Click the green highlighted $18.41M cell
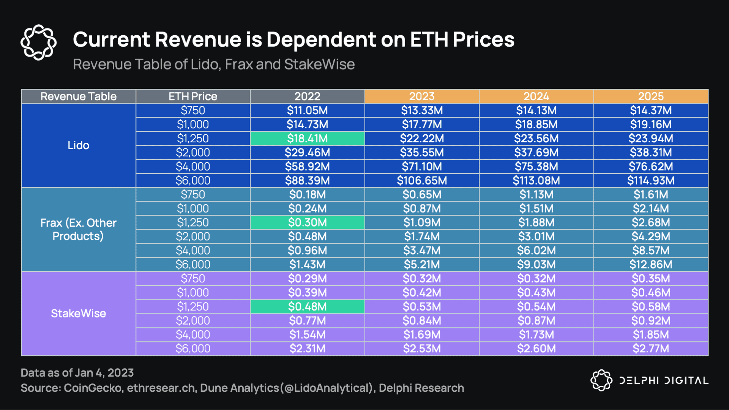[x=307, y=139]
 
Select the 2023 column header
[x=421, y=96]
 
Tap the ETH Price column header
[x=193, y=96]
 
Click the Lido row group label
[x=78, y=145]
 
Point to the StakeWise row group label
[x=78, y=314]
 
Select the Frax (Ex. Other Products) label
[x=78, y=229]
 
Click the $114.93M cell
[x=650, y=181]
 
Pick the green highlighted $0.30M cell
[x=307, y=222]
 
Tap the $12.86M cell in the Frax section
[x=650, y=265]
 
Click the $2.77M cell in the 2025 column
[x=650, y=348]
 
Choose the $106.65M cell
[x=421, y=181]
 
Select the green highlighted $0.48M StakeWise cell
[x=307, y=307]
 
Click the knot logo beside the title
[x=38, y=42]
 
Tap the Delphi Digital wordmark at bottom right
[x=663, y=380]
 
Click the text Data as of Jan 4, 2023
[x=77, y=373]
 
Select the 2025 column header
[x=650, y=96]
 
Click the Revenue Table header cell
[x=78, y=96]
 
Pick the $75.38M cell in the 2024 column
[x=536, y=167]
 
